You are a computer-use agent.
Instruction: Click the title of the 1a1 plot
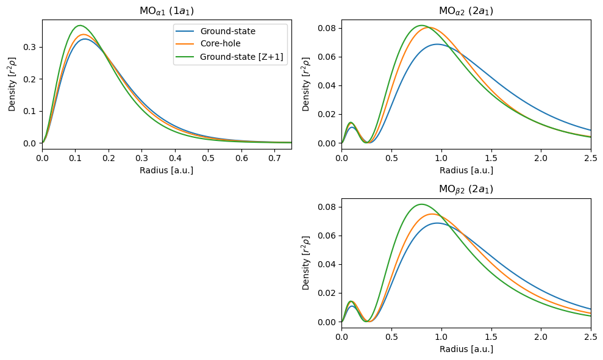(166, 11)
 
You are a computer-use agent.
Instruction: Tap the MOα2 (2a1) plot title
(466, 11)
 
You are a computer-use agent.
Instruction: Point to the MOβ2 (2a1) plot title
(466, 189)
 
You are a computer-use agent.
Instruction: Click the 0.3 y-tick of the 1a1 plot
(31, 47)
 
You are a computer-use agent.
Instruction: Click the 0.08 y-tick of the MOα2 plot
(328, 28)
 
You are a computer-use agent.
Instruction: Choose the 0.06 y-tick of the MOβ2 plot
(328, 236)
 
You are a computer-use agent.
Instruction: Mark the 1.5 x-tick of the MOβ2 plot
(491, 337)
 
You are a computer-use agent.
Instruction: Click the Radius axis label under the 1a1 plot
(166, 170)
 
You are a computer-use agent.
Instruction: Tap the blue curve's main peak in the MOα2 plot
(437, 44)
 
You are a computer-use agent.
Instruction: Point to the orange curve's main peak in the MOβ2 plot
(432, 214)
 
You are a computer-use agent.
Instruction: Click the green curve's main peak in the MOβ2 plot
(421, 204)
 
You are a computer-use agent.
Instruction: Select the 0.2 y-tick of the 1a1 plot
(31, 79)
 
